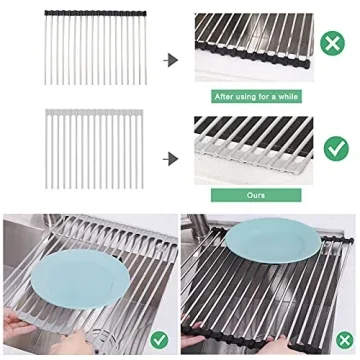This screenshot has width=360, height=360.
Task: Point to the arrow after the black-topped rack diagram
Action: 171,60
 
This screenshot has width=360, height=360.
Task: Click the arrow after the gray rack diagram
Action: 171,157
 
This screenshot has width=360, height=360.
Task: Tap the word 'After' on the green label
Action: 224,97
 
